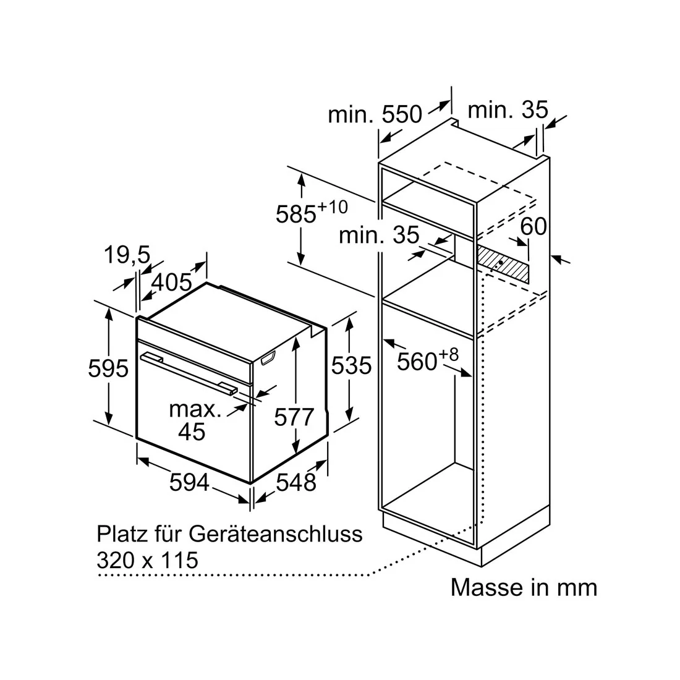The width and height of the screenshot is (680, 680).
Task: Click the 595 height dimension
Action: (108, 368)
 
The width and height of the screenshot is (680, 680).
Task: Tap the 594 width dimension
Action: (189, 482)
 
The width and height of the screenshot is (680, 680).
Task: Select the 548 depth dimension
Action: (296, 482)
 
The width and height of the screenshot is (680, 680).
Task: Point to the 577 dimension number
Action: (294, 417)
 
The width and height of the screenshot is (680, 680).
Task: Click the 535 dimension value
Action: (351, 365)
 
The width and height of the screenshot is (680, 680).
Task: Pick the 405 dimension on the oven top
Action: (172, 283)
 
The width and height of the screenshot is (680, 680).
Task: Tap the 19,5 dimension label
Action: (127, 255)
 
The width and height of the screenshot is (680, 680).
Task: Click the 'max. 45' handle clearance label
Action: (194, 420)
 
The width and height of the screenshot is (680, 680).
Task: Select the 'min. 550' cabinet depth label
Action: (375, 114)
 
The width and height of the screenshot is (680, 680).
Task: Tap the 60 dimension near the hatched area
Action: (533, 226)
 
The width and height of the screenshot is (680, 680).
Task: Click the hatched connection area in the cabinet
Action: (503, 263)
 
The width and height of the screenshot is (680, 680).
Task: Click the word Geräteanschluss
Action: (275, 534)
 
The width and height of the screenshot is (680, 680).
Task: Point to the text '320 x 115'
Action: (147, 560)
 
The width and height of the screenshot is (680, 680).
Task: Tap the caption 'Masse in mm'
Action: (524, 588)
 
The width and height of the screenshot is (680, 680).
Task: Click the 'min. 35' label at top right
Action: (508, 109)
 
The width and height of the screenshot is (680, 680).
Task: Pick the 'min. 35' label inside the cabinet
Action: (379, 235)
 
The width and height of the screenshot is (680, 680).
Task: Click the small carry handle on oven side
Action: (268, 358)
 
